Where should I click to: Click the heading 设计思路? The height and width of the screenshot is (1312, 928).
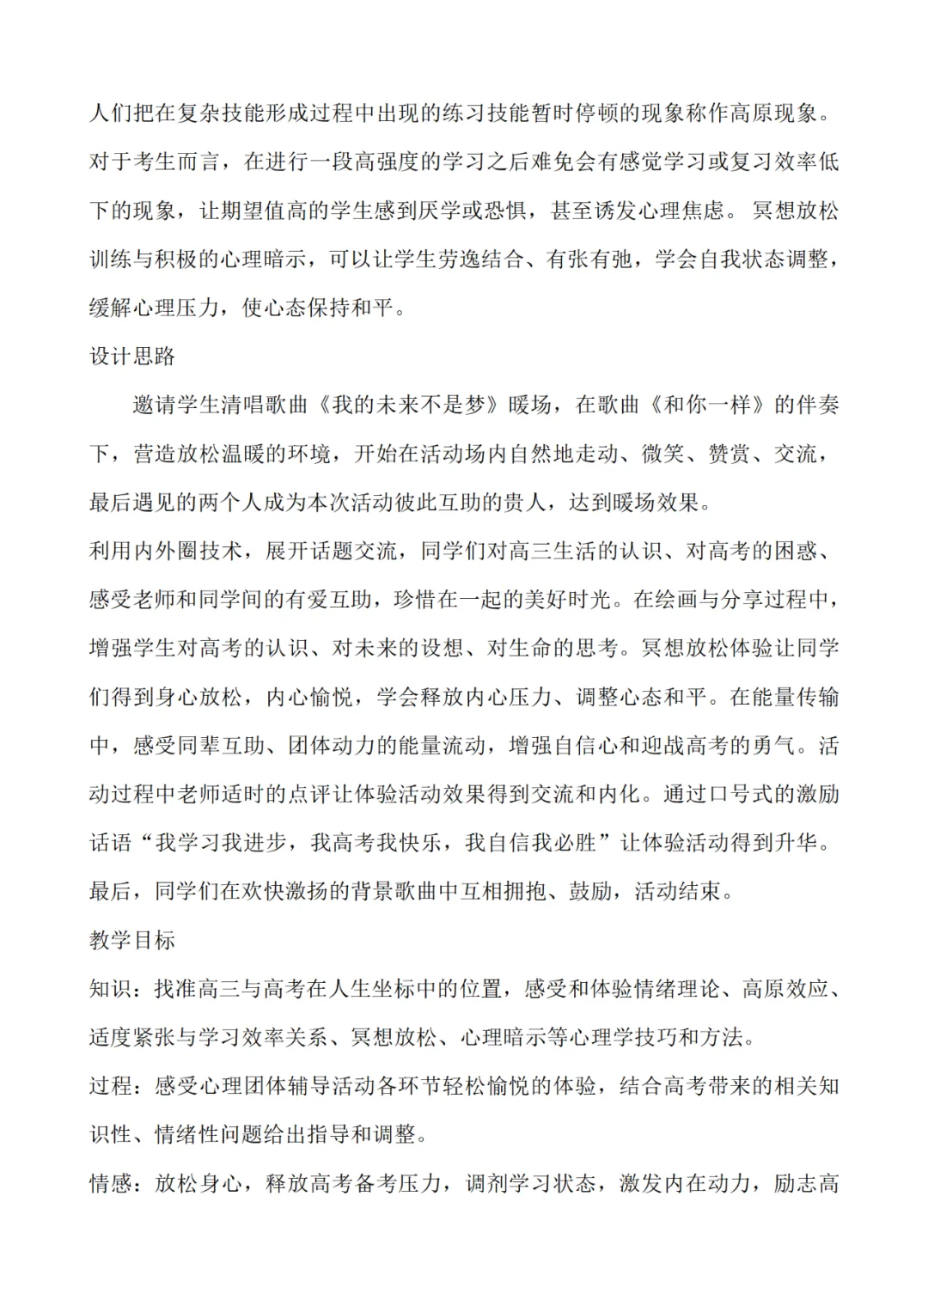point(132,357)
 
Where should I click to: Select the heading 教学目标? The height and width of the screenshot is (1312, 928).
point(132,940)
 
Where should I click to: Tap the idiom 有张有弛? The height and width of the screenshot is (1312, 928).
point(592,259)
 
